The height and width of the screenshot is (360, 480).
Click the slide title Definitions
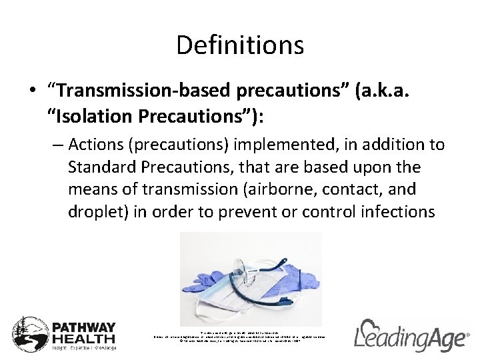click(x=240, y=45)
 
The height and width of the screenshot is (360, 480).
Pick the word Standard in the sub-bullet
click(x=99, y=167)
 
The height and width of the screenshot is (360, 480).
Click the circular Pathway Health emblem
click(x=29, y=333)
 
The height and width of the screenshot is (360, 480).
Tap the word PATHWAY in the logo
click(x=84, y=327)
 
